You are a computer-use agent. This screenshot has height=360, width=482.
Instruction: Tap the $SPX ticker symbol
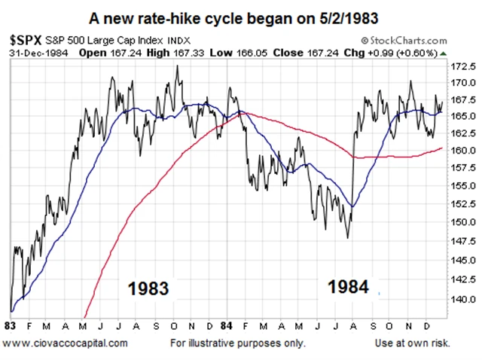pos(26,37)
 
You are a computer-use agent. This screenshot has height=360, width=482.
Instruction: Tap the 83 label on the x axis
pos(10,328)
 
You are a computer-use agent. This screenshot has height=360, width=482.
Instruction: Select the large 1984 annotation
pos(347,287)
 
